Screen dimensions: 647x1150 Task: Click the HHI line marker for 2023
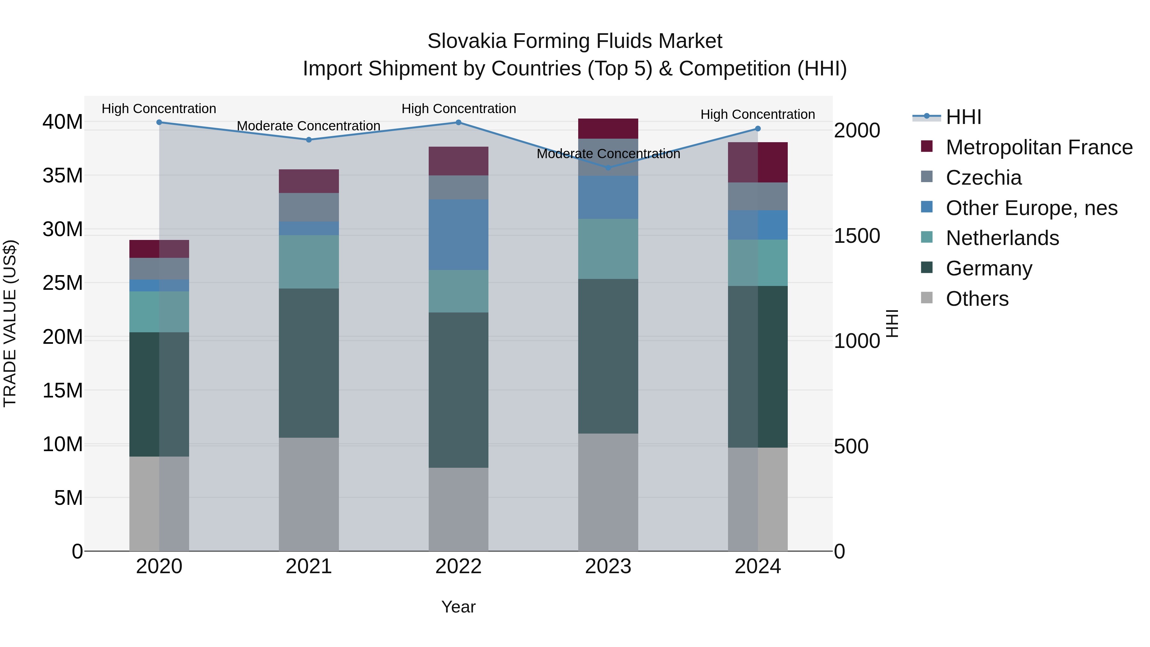608,168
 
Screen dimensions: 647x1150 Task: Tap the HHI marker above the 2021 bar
309,140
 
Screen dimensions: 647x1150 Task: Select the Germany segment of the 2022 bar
458,390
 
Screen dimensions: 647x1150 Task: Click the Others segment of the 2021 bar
309,494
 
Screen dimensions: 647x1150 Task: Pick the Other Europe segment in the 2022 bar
458,235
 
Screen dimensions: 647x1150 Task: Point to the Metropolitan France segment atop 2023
608,128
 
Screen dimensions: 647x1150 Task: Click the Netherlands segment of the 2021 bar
309,262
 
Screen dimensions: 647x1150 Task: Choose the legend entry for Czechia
984,178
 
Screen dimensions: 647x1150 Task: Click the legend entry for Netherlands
1002,238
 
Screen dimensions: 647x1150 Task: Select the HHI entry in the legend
963,117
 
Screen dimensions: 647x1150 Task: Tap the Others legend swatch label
977,299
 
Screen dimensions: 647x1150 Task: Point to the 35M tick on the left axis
63,175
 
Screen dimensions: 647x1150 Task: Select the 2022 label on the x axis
458,566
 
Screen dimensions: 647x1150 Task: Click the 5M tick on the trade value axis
68,498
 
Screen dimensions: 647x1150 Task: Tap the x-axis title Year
458,607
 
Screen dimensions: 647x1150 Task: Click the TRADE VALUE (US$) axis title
10,323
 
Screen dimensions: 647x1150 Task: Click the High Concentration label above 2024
758,114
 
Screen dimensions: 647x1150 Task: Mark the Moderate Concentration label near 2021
309,126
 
